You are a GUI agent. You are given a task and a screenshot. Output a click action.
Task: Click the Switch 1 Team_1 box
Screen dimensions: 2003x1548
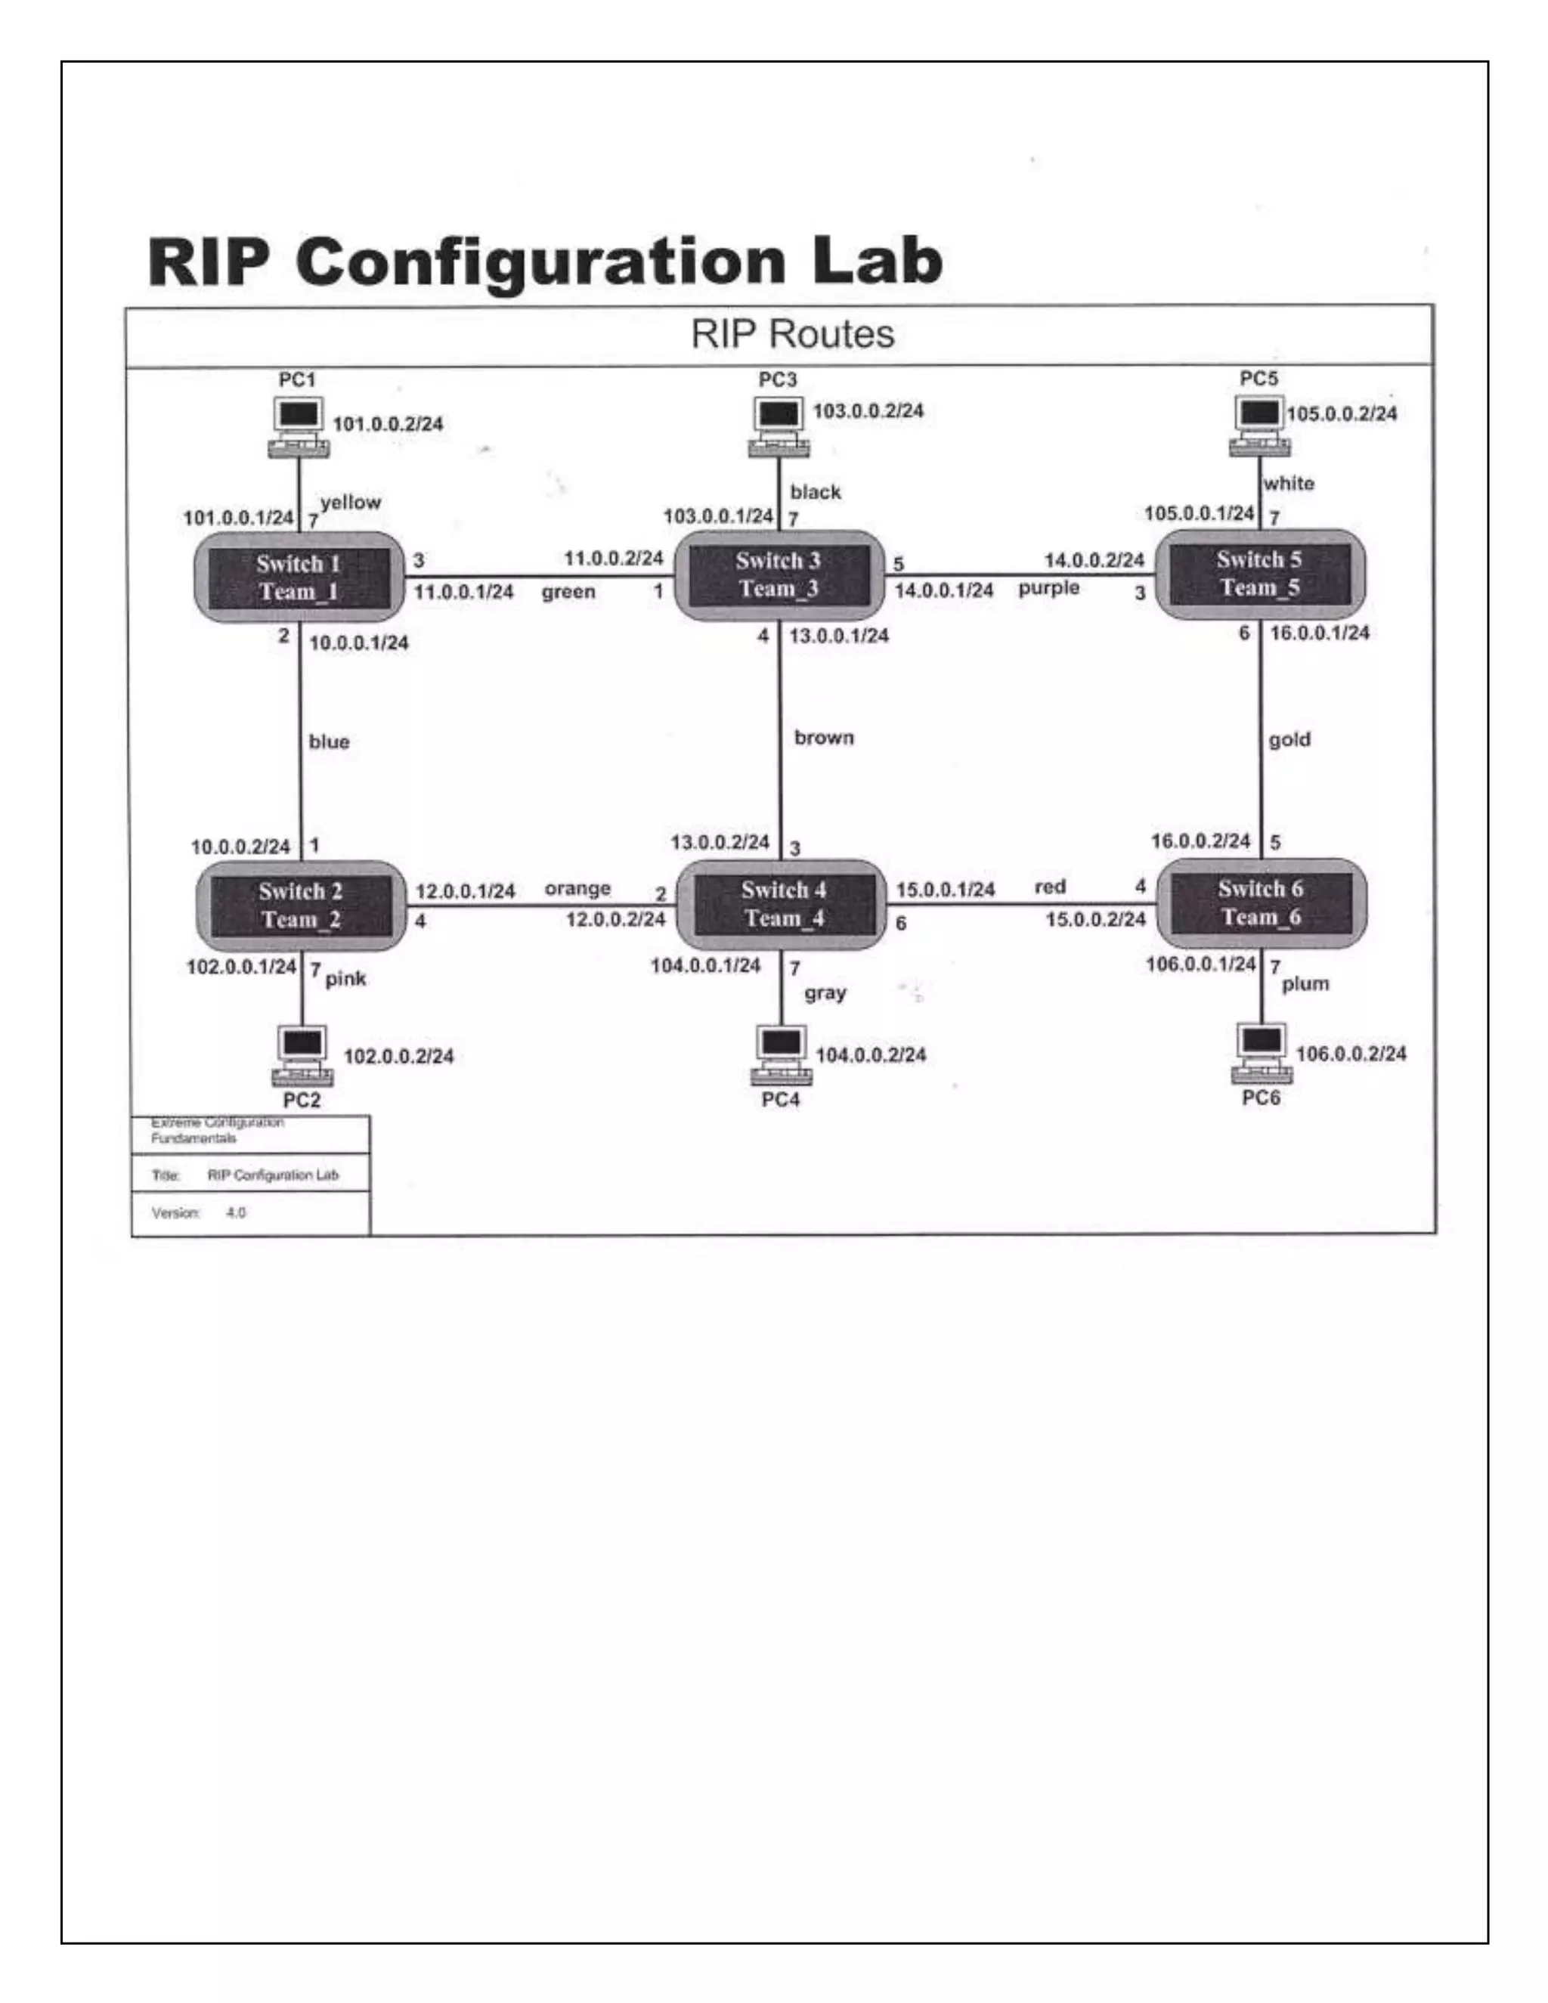click(x=299, y=577)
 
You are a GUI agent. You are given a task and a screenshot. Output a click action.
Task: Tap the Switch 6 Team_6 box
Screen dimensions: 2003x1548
click(x=1261, y=902)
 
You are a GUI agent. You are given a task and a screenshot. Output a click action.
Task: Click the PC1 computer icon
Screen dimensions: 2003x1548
click(x=299, y=427)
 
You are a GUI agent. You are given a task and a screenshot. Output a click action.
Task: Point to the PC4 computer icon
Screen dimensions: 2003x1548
click(x=782, y=1056)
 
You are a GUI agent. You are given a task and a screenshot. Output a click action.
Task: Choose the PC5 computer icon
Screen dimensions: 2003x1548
click(x=1260, y=426)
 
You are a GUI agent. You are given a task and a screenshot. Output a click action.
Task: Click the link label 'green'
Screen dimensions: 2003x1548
click(x=568, y=592)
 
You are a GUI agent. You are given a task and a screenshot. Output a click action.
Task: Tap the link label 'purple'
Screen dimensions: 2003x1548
click(x=1048, y=588)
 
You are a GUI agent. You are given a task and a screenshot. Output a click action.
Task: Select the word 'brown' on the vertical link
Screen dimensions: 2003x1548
click(x=824, y=738)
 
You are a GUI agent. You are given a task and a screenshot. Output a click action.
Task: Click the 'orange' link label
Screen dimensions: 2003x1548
click(x=577, y=889)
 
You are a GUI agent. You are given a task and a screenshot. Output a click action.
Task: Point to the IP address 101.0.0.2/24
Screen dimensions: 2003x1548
click(x=387, y=424)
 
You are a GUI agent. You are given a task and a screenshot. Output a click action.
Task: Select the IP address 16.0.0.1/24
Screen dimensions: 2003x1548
click(x=1319, y=633)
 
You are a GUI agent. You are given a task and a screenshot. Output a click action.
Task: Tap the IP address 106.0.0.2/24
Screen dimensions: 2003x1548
click(x=1350, y=1054)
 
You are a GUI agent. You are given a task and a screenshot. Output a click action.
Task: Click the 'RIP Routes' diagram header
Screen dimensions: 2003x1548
click(x=792, y=334)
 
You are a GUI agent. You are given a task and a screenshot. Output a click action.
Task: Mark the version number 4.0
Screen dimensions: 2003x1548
click(x=236, y=1212)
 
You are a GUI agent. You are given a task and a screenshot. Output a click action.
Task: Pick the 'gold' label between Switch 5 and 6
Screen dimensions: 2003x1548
click(x=1289, y=739)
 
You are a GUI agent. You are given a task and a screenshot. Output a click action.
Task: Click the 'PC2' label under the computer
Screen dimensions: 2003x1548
click(x=301, y=1100)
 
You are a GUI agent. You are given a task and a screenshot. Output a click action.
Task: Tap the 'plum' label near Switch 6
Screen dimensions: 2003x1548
click(x=1304, y=984)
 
